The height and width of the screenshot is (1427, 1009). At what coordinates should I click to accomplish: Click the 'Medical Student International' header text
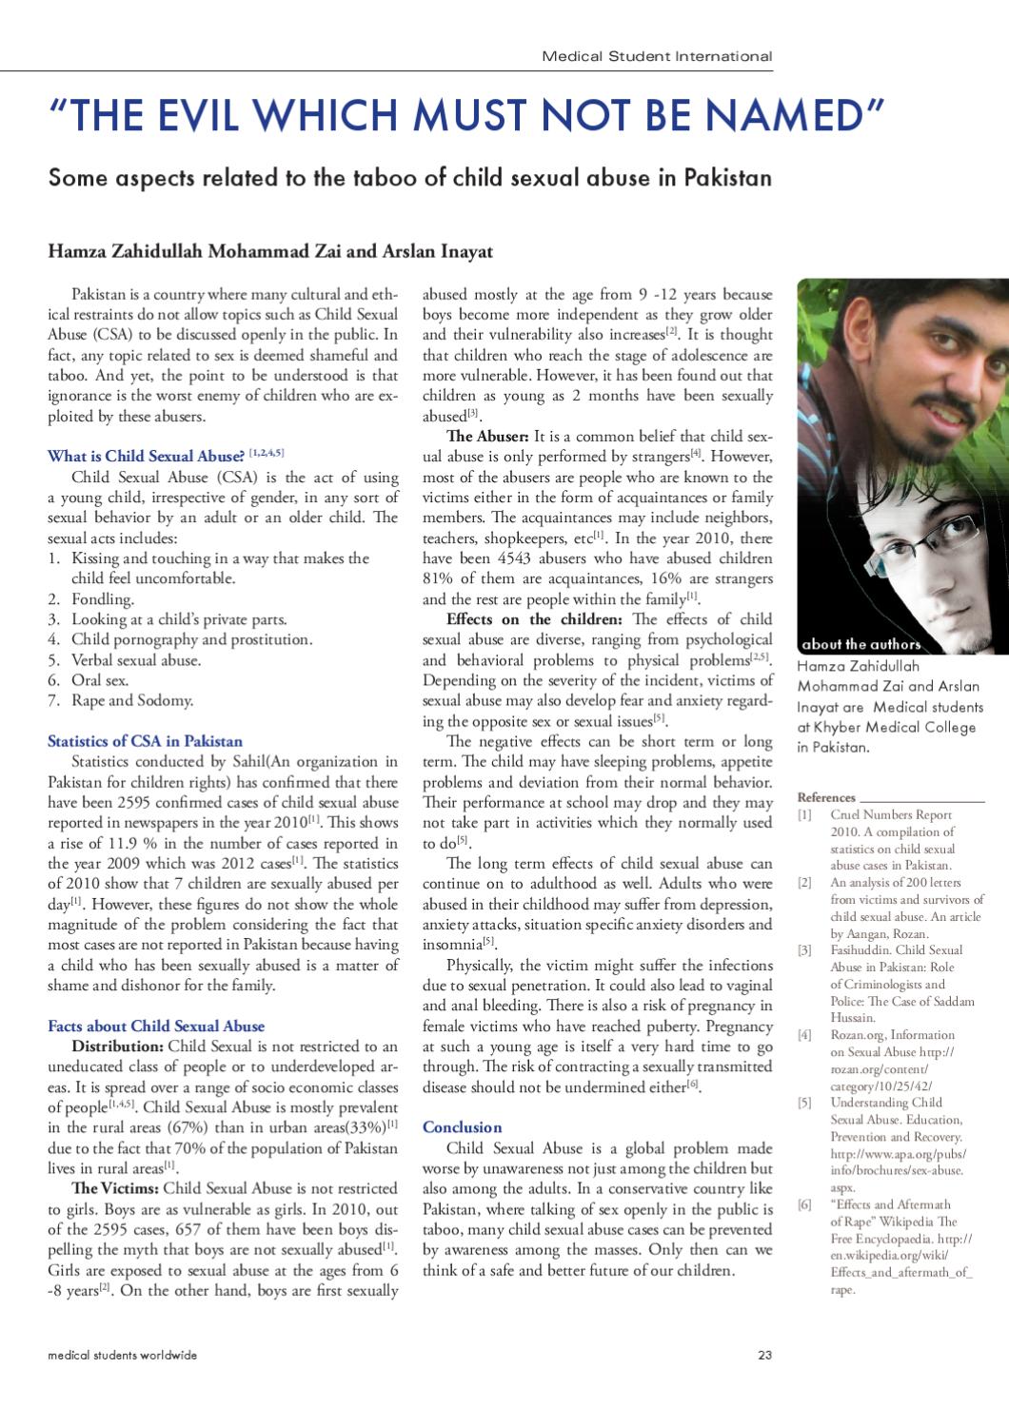(657, 56)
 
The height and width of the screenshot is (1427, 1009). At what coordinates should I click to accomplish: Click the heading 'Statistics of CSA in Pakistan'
(145, 741)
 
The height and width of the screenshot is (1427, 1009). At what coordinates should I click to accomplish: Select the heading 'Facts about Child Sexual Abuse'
(156, 1026)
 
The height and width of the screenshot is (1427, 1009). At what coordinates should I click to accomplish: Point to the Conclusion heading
(462, 1127)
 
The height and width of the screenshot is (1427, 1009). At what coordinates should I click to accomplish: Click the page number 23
(764, 1355)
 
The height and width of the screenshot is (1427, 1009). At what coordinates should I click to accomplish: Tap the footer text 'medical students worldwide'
(123, 1355)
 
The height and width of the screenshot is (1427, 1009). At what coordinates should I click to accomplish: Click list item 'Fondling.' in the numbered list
(103, 598)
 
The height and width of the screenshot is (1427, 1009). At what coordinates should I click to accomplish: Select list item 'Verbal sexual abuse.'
(136, 659)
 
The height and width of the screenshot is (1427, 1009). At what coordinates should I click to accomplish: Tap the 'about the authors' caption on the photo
(861, 644)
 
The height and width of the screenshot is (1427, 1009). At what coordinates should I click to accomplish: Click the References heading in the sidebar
(826, 797)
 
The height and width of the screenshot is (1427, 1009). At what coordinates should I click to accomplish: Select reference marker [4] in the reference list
(804, 1035)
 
